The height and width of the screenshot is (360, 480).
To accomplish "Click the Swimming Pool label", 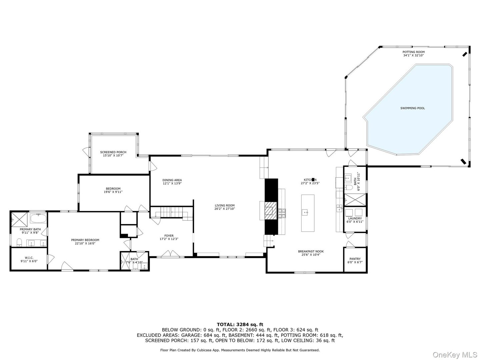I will tap(412, 108).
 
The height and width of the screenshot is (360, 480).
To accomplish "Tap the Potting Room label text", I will tap(413, 52).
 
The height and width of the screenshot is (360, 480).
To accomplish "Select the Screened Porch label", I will tap(113, 152).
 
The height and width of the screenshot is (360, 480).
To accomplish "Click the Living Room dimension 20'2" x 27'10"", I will tap(225, 209).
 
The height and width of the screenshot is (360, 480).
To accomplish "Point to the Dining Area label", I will tap(172, 180).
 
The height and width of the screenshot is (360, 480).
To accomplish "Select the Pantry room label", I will tap(355, 259).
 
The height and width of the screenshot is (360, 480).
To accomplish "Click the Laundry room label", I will tap(355, 218).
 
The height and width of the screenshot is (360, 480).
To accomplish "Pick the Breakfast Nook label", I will tap(311, 251).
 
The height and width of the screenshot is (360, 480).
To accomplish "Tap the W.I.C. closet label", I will tap(29, 258).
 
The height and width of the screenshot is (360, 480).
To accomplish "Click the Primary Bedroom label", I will tap(85, 240).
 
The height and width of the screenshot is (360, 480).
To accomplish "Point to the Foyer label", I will tap(169, 236).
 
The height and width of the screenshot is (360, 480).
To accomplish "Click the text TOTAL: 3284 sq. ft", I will tap(240, 324).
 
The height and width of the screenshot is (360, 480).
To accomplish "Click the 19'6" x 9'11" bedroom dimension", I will tap(113, 192).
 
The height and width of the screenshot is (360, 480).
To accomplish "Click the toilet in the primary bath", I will tap(19, 241).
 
